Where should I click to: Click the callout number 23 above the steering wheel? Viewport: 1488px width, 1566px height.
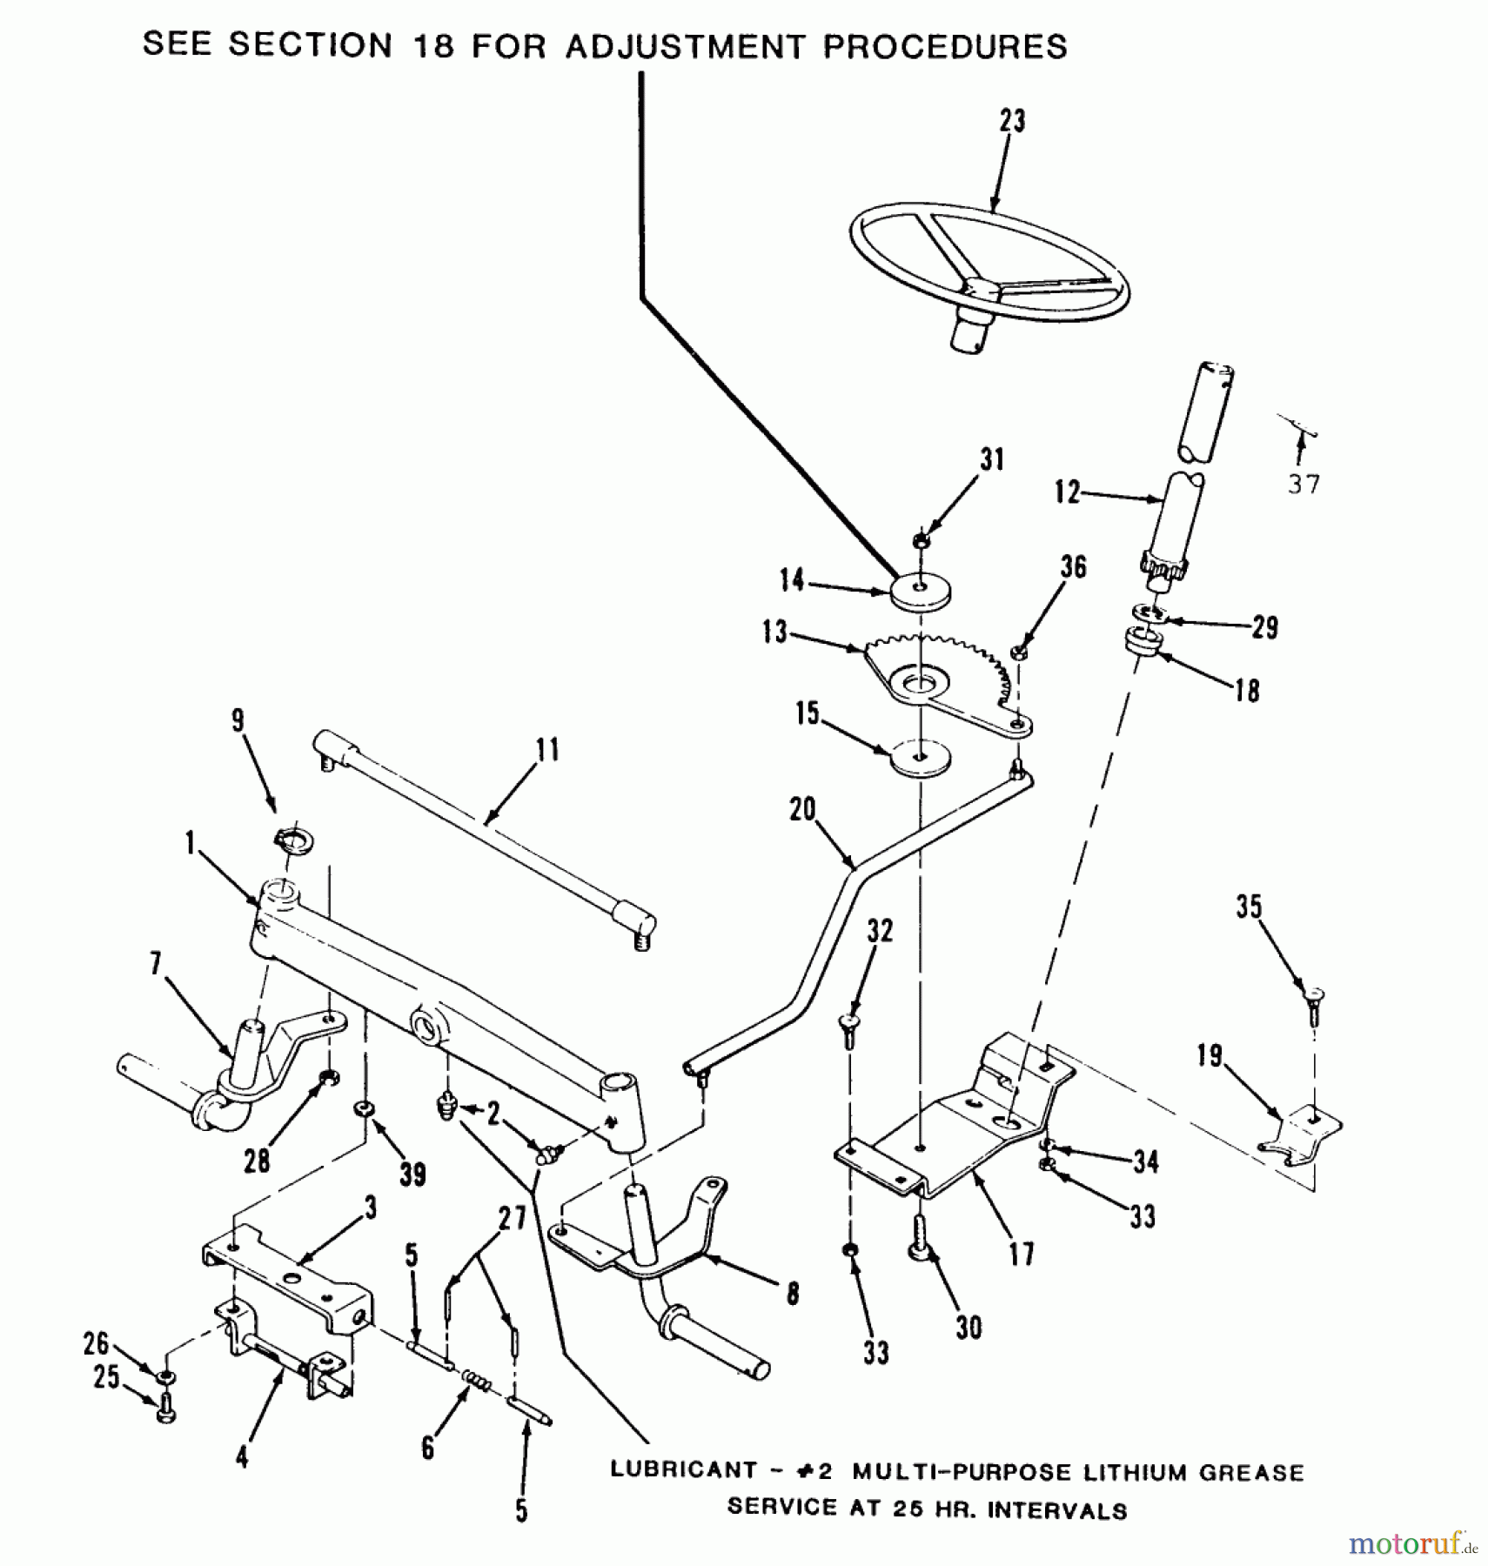(1012, 121)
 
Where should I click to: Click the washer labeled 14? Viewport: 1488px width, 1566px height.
(920, 592)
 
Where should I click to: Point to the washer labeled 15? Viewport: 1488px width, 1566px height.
(920, 758)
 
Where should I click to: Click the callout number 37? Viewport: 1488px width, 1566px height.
(1304, 485)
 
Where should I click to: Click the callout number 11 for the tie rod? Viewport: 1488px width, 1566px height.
(547, 749)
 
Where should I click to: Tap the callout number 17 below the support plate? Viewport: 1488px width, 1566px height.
(1022, 1254)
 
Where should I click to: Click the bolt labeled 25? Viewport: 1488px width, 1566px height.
(165, 1409)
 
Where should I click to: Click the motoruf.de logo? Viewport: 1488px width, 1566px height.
(1410, 1544)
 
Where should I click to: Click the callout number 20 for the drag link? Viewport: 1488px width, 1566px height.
(802, 810)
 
